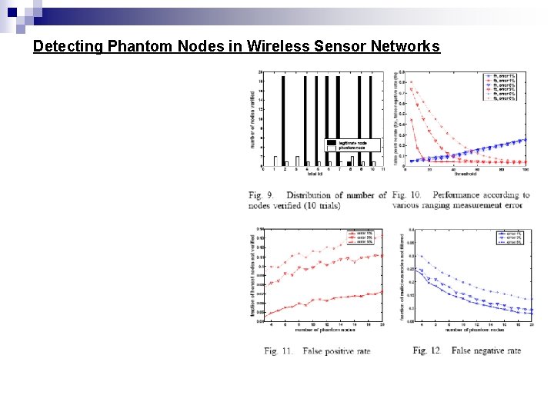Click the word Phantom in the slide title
coord(136,46)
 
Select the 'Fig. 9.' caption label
coord(262,195)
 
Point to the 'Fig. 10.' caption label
coord(409,195)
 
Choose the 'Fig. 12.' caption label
coord(427,350)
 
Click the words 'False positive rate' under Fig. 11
coord(336,350)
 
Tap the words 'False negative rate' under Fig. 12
coord(486,350)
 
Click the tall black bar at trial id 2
coord(284,119)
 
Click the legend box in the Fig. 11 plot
coord(362,237)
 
